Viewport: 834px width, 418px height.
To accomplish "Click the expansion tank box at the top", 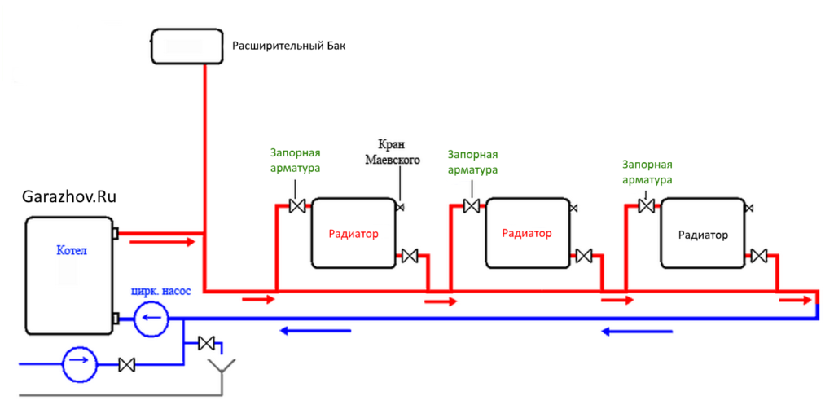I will click(187, 46).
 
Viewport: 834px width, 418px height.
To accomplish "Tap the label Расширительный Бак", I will click(289, 46).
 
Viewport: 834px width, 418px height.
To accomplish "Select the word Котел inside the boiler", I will click(71, 251).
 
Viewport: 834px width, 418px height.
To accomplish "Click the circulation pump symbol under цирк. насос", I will click(151, 318).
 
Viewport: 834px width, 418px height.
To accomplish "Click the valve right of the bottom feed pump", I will click(126, 364).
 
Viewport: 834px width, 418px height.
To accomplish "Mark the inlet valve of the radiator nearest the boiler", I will click(297, 206).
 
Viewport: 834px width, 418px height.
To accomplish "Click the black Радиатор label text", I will click(703, 235).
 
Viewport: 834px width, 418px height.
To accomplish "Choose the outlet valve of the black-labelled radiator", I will click(759, 256).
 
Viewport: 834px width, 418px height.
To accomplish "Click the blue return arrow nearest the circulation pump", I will click(314, 330).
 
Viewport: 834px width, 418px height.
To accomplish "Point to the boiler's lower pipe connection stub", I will click(116, 318).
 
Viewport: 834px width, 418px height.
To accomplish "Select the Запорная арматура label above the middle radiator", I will click(472, 162).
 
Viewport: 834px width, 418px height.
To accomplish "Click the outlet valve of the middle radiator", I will click(583, 256).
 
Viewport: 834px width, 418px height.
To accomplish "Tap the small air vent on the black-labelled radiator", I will click(748, 209).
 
